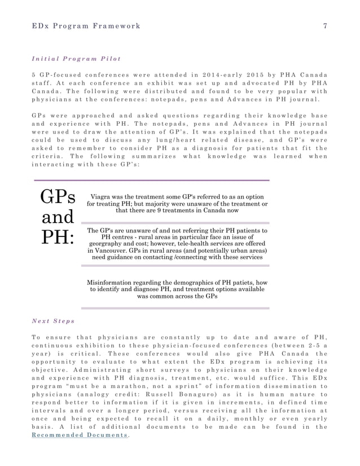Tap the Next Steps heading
point(54,321)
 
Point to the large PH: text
point(58,236)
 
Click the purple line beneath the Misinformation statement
point(175,308)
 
